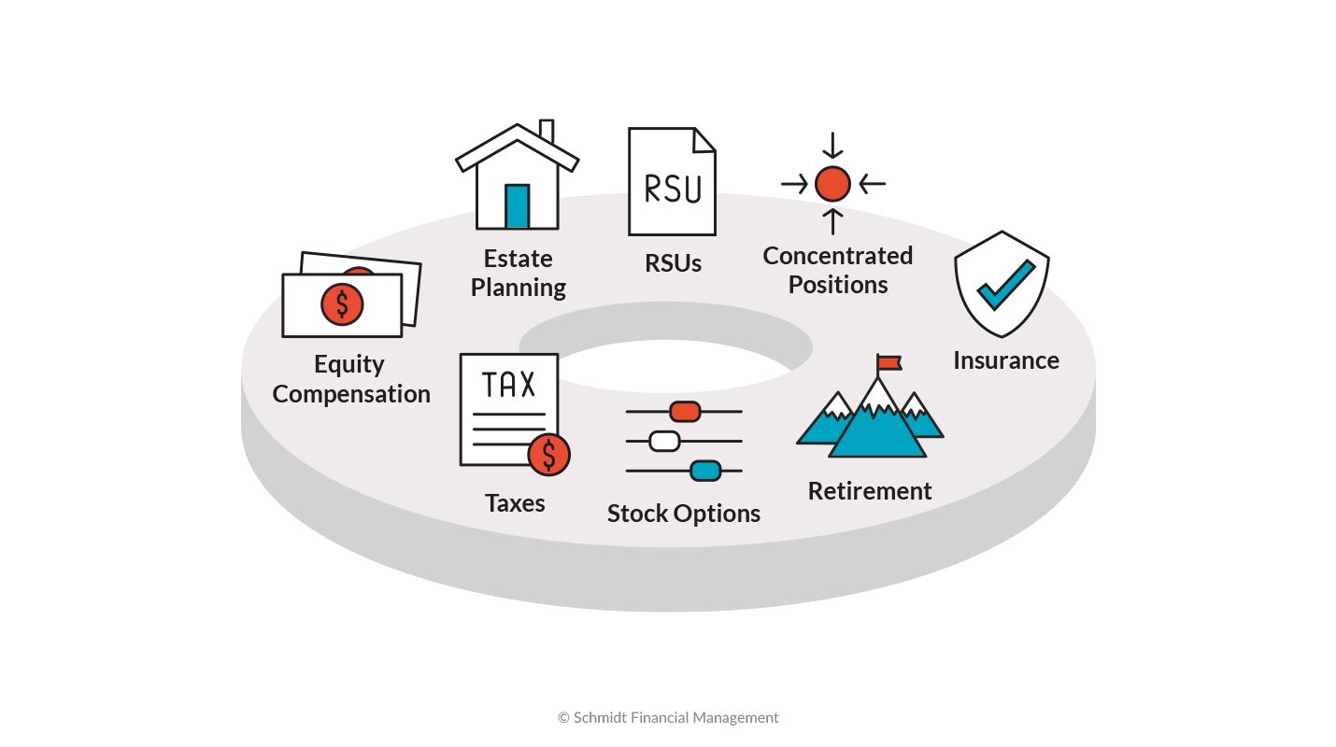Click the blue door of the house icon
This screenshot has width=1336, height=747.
[x=517, y=205]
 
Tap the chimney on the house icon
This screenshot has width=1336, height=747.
[x=547, y=134]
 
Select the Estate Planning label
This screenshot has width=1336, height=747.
[x=518, y=273]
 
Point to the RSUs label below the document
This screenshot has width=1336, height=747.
[x=673, y=263]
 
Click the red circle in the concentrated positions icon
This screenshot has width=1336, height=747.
[x=832, y=184]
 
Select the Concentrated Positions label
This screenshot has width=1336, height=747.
[x=837, y=270]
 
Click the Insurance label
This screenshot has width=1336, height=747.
[x=1006, y=360]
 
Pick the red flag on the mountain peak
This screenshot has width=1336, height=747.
[x=888, y=362]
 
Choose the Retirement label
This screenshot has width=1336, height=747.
[x=870, y=491]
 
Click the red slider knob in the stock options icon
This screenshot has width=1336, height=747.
[x=685, y=411]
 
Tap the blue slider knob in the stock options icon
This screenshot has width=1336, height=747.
[x=705, y=471]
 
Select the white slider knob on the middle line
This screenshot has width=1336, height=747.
[x=663, y=441]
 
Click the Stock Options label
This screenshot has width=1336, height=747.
[x=684, y=514]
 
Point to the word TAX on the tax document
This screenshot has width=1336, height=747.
[x=508, y=384]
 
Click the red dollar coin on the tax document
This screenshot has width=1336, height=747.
[x=548, y=455]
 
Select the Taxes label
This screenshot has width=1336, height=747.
[x=515, y=503]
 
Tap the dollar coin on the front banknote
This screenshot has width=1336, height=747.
[x=342, y=303]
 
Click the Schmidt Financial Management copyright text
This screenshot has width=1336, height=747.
[x=668, y=717]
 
